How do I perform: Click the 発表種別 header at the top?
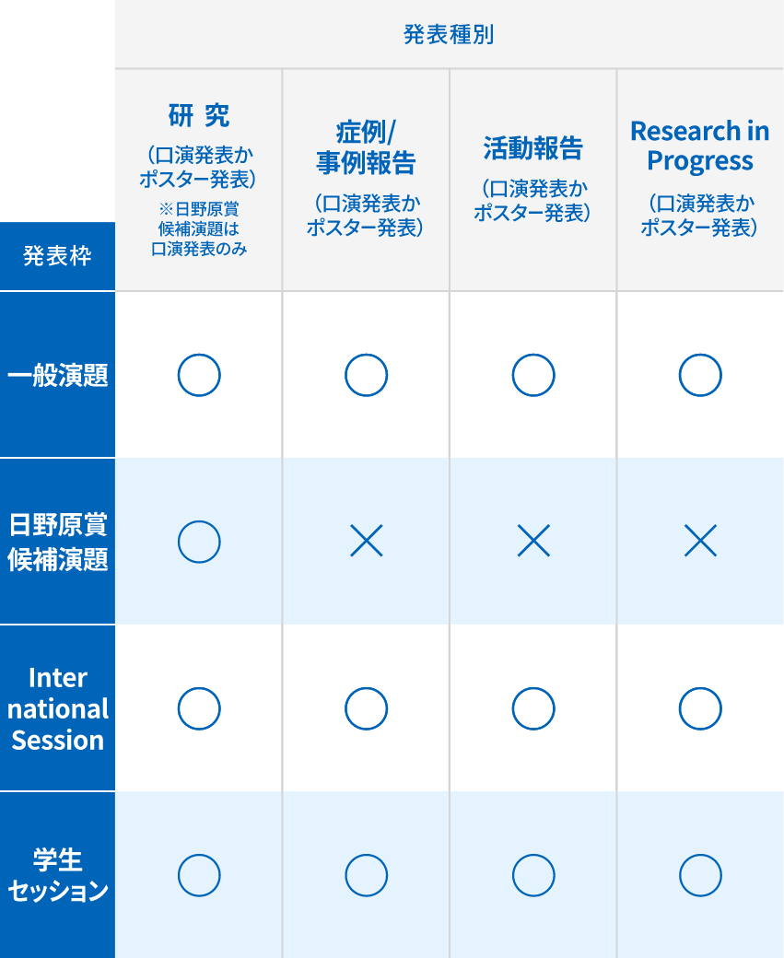pyautogui.click(x=449, y=35)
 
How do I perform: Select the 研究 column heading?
pyautogui.click(x=199, y=116)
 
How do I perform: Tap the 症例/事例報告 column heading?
pyautogui.click(x=366, y=147)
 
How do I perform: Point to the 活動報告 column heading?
pyautogui.click(x=532, y=147)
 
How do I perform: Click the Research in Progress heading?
pyautogui.click(x=700, y=146)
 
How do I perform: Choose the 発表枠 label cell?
pyautogui.click(x=57, y=256)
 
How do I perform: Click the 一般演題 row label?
pyautogui.click(x=57, y=375)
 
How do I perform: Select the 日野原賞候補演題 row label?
pyautogui.click(x=57, y=542)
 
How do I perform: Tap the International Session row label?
pyautogui.click(x=57, y=708)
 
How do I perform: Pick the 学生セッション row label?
pyautogui.click(x=57, y=875)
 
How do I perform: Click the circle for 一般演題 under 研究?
pyautogui.click(x=199, y=375)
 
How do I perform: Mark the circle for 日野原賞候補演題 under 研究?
pyautogui.click(x=199, y=542)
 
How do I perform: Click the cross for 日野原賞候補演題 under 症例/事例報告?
pyautogui.click(x=366, y=542)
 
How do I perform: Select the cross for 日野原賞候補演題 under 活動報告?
pyautogui.click(x=533, y=542)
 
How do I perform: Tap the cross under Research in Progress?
pyautogui.click(x=700, y=542)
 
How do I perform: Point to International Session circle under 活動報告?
pyautogui.click(x=533, y=708)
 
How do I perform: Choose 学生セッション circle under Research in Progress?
pyautogui.click(x=700, y=875)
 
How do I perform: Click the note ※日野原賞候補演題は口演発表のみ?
pyautogui.click(x=199, y=229)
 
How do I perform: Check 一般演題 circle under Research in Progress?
pyautogui.click(x=700, y=375)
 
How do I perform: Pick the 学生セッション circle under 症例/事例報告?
pyautogui.click(x=366, y=875)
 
